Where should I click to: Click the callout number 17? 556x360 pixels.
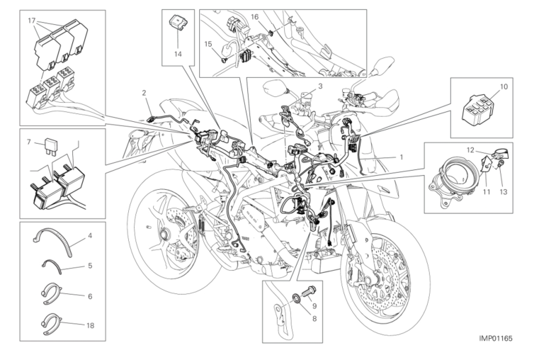click(32, 21)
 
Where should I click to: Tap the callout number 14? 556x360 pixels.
click(178, 54)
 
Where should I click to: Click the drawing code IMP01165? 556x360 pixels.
click(495, 338)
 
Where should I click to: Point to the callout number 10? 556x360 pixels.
click(504, 86)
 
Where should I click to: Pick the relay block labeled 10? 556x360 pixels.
click(477, 111)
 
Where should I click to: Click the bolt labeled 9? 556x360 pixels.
click(309, 293)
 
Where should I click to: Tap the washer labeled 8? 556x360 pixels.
click(296, 298)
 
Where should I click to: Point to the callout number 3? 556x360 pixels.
click(320, 86)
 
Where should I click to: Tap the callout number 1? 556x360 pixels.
click(402, 157)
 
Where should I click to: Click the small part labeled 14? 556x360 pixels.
click(178, 23)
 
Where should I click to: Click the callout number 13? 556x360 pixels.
click(504, 192)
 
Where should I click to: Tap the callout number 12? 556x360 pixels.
click(470, 150)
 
